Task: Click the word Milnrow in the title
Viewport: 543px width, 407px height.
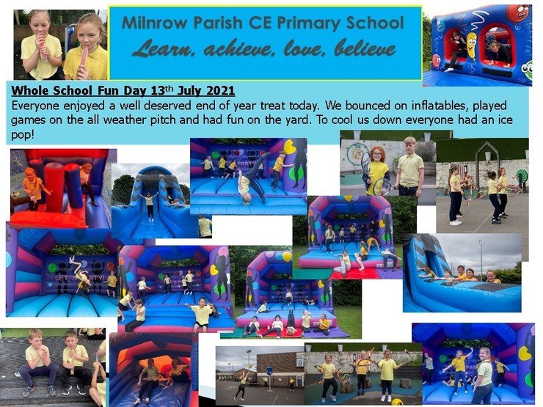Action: coord(154,23)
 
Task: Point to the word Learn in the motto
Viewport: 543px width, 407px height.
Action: coord(161,49)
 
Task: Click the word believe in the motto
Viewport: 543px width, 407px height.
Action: coord(365,49)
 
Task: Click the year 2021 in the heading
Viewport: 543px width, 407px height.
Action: coord(220,91)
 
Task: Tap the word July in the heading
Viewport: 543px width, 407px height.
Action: coord(190,92)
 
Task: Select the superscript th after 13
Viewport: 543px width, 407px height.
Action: coord(170,87)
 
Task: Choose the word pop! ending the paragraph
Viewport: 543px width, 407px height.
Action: coord(23,135)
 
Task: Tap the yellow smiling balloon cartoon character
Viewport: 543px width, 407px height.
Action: coord(471,44)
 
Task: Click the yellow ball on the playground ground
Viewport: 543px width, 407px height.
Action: coord(396,403)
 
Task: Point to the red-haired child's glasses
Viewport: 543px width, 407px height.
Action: coord(376,155)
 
